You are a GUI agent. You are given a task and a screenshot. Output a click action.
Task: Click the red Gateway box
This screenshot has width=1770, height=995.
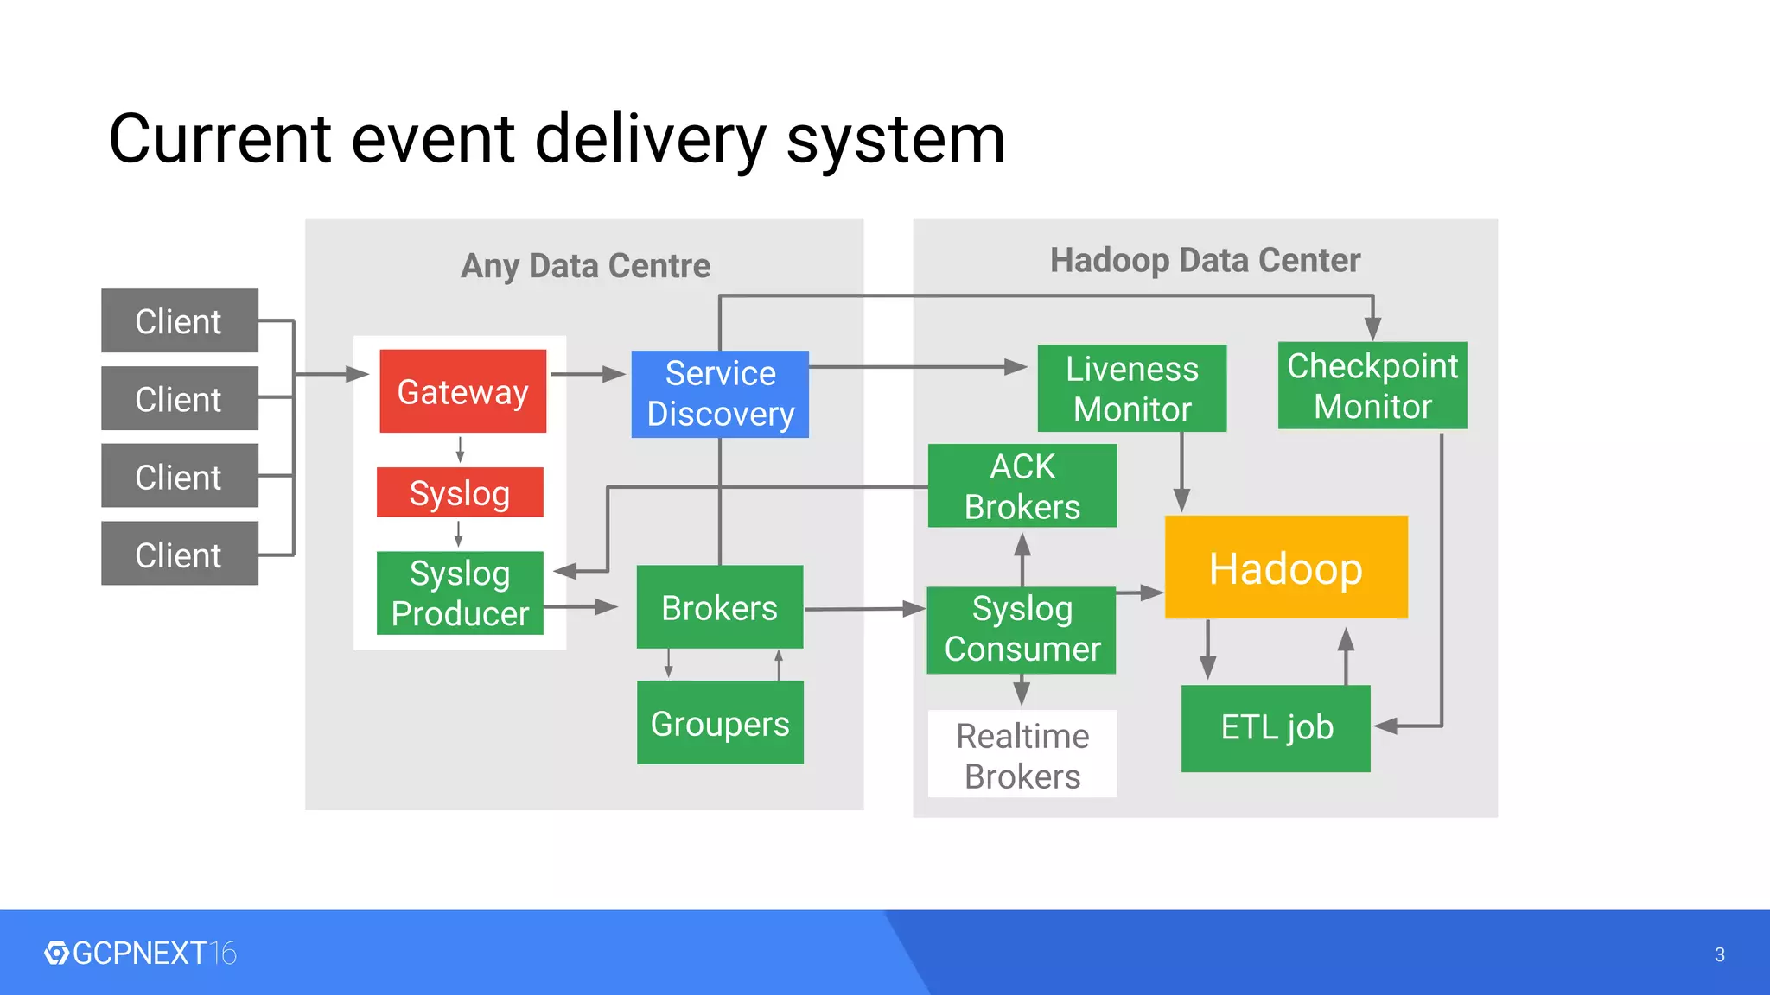pyautogui.click(x=462, y=391)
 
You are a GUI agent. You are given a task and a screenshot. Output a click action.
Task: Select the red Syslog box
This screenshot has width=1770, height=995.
pyautogui.click(x=460, y=492)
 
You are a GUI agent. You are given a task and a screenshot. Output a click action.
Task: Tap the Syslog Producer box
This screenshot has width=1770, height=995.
pyautogui.click(x=460, y=593)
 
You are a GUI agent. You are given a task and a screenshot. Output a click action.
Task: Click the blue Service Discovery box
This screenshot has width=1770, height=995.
pyautogui.click(x=720, y=394)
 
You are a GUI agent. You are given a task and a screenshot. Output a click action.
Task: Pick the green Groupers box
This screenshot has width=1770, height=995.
pyautogui.click(x=720, y=723)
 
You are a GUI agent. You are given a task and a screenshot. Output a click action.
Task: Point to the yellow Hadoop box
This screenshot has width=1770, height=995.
pyautogui.click(x=1286, y=567)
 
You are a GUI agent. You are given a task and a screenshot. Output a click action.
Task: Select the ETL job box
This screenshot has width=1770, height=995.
pyautogui.click(x=1276, y=728)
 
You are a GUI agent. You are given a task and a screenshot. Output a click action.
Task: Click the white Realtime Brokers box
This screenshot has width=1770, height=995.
pyautogui.click(x=1022, y=754)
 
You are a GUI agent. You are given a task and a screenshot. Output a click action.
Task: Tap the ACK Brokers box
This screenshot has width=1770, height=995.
pyautogui.click(x=1022, y=486)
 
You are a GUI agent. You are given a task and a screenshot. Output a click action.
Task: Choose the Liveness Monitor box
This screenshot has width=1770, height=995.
pyautogui.click(x=1131, y=389)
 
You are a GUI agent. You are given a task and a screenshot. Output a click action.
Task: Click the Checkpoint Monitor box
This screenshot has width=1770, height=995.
pyautogui.click(x=1372, y=386)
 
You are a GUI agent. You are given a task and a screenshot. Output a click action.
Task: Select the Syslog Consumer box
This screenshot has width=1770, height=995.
pyautogui.click(x=1022, y=630)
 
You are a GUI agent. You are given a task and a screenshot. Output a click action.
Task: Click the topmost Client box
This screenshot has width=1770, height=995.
pyautogui.click(x=180, y=320)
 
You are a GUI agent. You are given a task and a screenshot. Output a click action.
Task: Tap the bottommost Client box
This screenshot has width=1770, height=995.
pyautogui.click(x=180, y=554)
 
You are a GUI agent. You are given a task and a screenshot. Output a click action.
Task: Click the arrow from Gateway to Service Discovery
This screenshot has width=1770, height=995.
pyautogui.click(x=588, y=374)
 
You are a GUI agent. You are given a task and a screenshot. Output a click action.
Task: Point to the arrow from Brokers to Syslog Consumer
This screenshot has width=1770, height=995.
pyautogui.click(x=864, y=609)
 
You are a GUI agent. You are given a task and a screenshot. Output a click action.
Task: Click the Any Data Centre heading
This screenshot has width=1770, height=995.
pyautogui.click(x=585, y=265)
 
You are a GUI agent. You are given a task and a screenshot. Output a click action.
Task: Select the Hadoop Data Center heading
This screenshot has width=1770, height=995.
pyautogui.click(x=1205, y=260)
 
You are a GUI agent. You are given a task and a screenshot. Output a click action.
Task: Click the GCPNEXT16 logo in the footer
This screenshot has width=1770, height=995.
pyautogui.click(x=141, y=954)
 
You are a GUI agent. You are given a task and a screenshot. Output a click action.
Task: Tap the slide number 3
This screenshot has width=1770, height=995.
pyautogui.click(x=1719, y=954)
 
